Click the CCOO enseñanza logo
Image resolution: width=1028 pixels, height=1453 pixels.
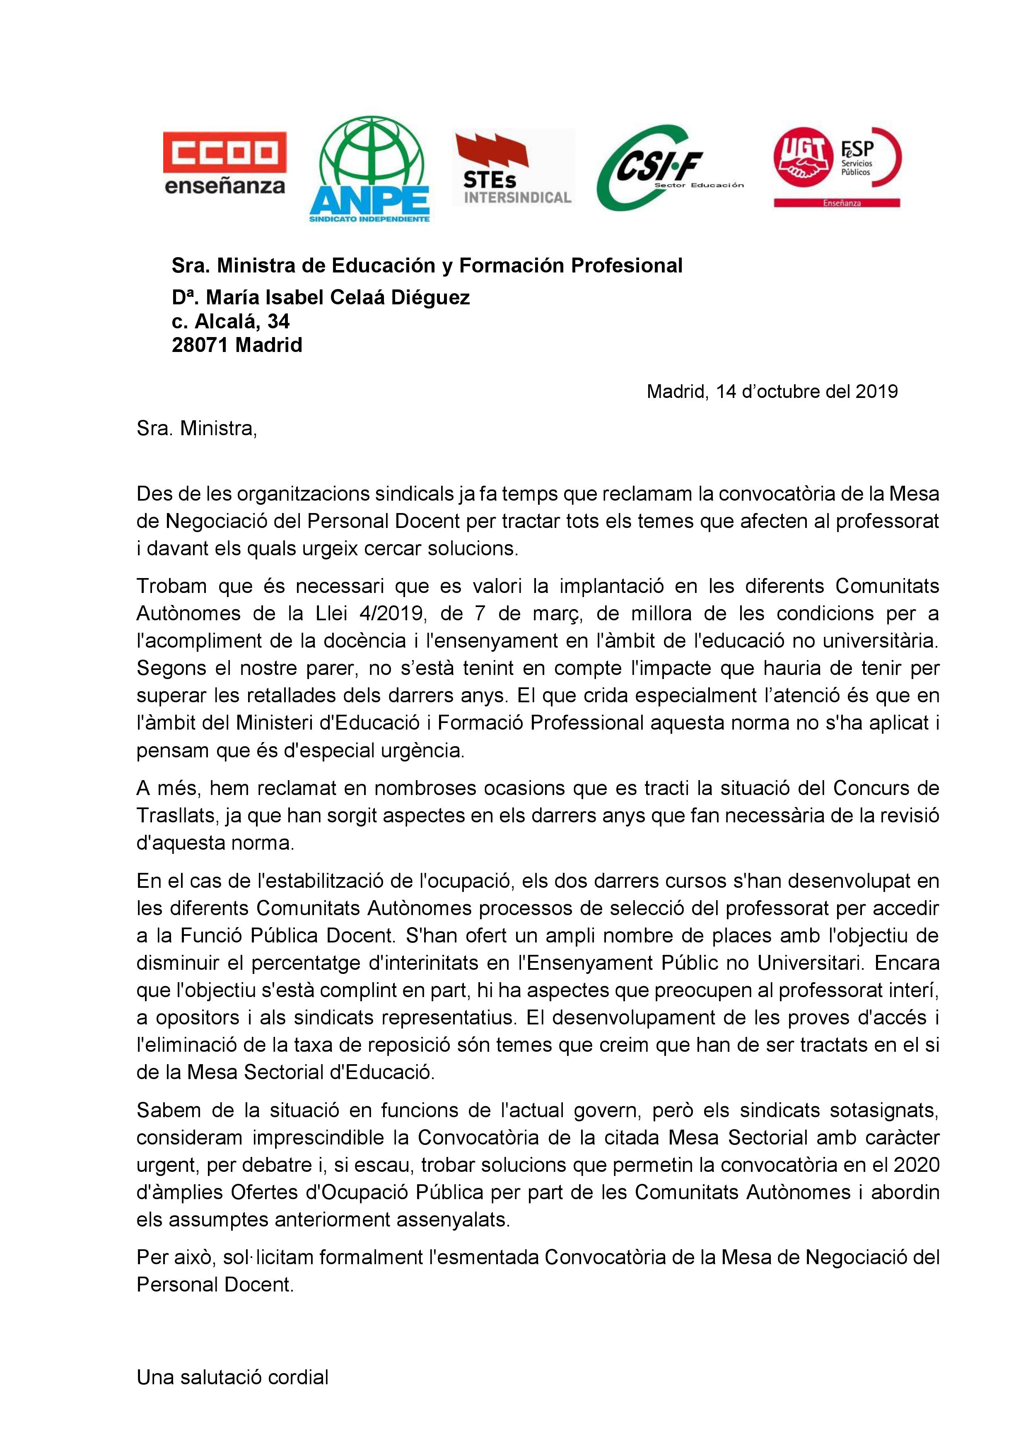point(225,163)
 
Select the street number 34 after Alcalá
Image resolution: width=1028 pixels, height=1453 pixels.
point(278,321)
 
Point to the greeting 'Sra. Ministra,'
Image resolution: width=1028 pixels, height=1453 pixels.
point(197,429)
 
